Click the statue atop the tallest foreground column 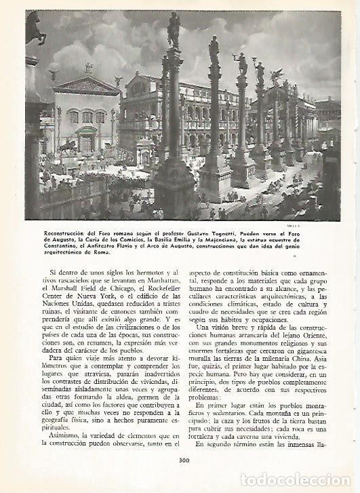point(174,30)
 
